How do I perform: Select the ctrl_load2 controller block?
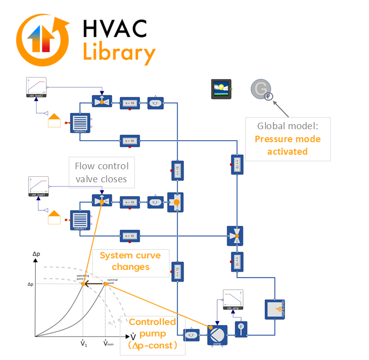pos(36,86)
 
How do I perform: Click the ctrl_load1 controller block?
pos(38,186)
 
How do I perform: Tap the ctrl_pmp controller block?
pos(233,300)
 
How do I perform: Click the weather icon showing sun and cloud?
pos(221,89)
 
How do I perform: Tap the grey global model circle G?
pos(261,90)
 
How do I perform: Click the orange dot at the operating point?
pos(83,284)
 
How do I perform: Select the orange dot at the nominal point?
pos(106,284)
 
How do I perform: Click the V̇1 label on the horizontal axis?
pos(83,345)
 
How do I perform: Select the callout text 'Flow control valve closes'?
pos(101,172)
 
